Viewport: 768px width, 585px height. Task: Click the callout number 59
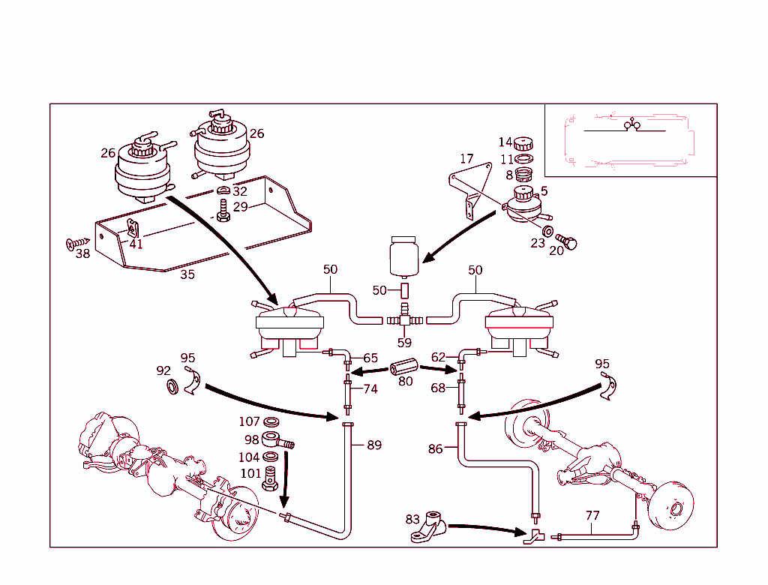pyautogui.click(x=404, y=343)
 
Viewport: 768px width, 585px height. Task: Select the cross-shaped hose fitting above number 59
pyautogui.click(x=404, y=319)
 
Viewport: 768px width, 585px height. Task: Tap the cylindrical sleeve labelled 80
pyautogui.click(x=403, y=369)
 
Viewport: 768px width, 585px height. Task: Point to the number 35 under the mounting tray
pyautogui.click(x=187, y=274)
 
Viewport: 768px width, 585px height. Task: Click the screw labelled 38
pyautogui.click(x=76, y=243)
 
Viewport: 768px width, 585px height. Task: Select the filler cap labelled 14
pyautogui.click(x=523, y=144)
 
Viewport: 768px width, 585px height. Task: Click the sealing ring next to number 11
pyautogui.click(x=524, y=160)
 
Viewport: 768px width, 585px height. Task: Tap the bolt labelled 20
pyautogui.click(x=569, y=242)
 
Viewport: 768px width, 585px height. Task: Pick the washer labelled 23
pyautogui.click(x=547, y=230)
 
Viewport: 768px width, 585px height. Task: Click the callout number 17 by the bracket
pyautogui.click(x=466, y=159)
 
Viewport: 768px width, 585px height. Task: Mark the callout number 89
pyautogui.click(x=374, y=445)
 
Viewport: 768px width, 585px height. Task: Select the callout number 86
pyautogui.click(x=436, y=450)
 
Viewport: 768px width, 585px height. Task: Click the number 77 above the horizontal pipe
pyautogui.click(x=592, y=516)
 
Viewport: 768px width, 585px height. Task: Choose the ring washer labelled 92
pyautogui.click(x=172, y=386)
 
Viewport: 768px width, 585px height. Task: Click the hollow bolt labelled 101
pyautogui.click(x=271, y=480)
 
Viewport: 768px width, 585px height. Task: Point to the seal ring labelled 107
pyautogui.click(x=272, y=422)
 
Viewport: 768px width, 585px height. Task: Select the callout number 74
pyautogui.click(x=370, y=389)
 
